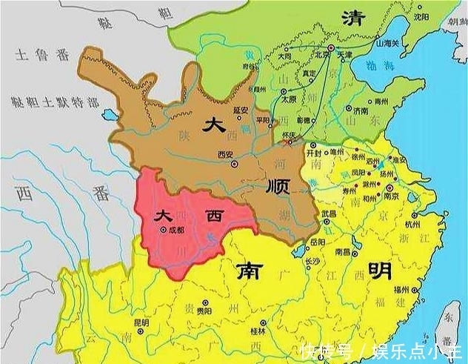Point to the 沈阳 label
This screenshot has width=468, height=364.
click(423, 16)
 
